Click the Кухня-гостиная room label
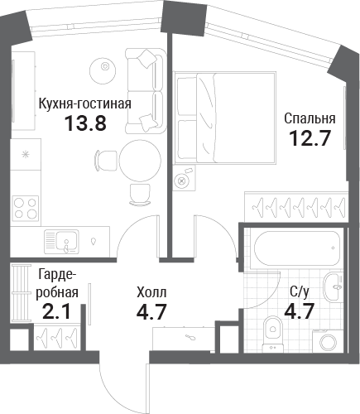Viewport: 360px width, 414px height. coord(85,104)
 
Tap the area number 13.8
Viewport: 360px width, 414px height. coord(85,123)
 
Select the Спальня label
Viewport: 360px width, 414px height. coord(310,119)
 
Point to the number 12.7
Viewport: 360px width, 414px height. coord(310,138)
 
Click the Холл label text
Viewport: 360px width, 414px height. coord(151,292)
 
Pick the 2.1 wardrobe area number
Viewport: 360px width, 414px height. coord(57,311)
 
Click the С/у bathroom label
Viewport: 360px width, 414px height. coord(300,292)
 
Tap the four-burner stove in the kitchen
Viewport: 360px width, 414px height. coord(26,208)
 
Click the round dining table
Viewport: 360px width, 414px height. coord(140,161)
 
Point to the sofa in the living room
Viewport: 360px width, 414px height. coord(146,91)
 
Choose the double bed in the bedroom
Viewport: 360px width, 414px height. coord(225,118)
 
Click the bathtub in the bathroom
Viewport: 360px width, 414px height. coord(296,248)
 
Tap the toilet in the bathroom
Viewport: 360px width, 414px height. coord(273,335)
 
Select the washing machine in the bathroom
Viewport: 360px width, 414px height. coord(328,341)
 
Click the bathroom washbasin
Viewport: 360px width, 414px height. coord(334,286)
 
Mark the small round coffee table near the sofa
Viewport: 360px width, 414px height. coord(104,70)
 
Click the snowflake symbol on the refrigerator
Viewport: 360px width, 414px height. coord(26,155)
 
